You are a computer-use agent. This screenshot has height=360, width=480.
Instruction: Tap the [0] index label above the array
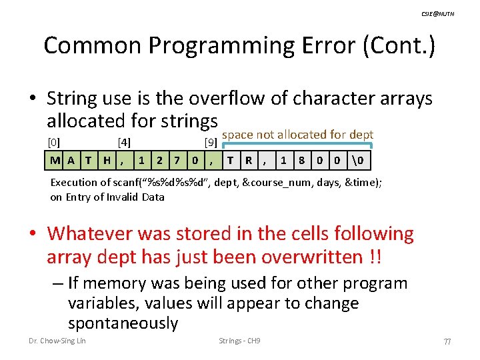point(54,142)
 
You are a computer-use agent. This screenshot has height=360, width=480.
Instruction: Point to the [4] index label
point(124,142)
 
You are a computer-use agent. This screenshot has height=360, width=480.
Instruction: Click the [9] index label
point(209,142)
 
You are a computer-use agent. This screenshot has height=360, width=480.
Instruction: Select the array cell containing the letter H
point(107,161)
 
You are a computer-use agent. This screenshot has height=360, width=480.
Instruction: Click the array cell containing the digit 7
point(176,161)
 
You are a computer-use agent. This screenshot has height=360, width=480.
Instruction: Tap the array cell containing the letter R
point(248,161)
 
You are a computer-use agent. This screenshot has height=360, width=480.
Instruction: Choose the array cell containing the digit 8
point(301,161)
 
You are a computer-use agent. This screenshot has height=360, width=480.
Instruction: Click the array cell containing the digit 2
point(159,161)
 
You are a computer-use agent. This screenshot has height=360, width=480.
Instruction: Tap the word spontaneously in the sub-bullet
point(123,323)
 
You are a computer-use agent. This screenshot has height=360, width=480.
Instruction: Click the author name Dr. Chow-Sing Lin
point(57,341)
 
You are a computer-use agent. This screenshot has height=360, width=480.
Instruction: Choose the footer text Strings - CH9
point(239,341)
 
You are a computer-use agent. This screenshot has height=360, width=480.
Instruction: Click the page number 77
point(447,341)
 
